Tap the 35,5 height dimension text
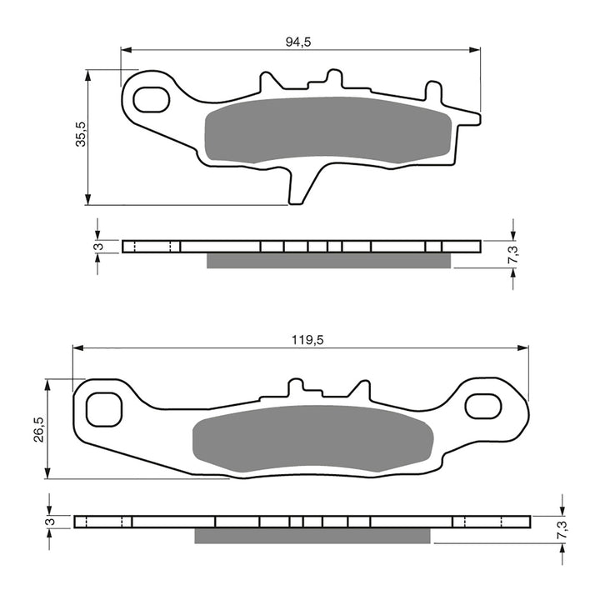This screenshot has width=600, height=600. pos(80,134)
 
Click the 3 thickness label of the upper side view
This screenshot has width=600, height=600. pos(98,247)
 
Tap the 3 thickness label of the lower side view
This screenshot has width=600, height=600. pos(51,522)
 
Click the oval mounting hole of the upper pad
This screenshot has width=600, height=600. pos(151,99)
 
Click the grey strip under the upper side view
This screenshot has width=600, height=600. pos(328,261)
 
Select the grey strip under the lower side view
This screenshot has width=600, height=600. pos(313,536)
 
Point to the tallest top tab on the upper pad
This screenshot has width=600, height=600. pos(333,78)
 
